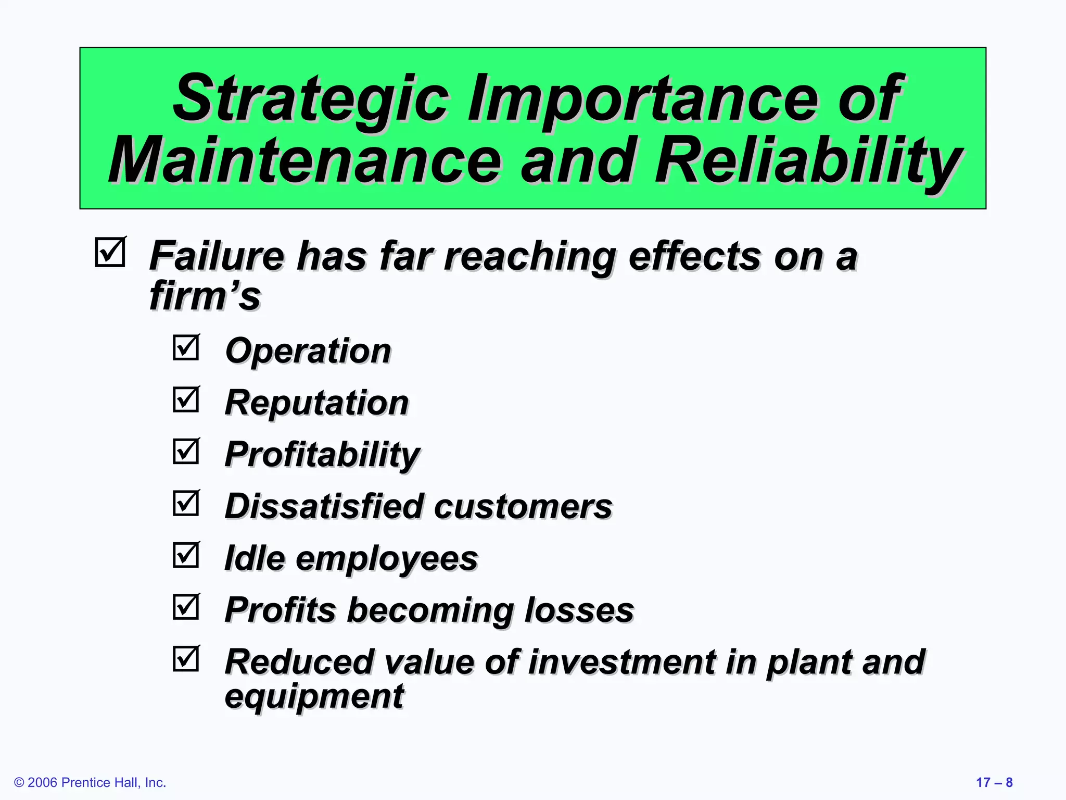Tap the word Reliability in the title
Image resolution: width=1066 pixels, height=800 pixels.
coord(807,160)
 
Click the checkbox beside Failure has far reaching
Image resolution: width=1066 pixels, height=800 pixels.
coord(110,253)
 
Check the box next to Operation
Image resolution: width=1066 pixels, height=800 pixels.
coord(186,347)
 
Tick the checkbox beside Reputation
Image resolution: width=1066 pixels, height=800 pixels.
coord(186,399)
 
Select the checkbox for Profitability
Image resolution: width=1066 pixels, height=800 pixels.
coord(186,451)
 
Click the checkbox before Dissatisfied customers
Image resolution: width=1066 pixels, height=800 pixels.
coord(186,503)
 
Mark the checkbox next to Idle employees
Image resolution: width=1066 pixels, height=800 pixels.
coord(186,555)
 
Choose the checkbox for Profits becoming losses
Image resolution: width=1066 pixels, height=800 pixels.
coord(186,607)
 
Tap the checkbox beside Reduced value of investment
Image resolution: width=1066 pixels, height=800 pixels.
coord(186,659)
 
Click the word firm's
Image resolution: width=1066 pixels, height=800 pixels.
coord(205,295)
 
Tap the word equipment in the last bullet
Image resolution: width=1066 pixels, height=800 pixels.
coord(314,696)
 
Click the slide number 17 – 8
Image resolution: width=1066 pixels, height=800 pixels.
coord(994,782)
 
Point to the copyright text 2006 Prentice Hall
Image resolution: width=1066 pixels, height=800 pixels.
coord(90,782)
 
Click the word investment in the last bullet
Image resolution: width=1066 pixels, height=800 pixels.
coord(621,662)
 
